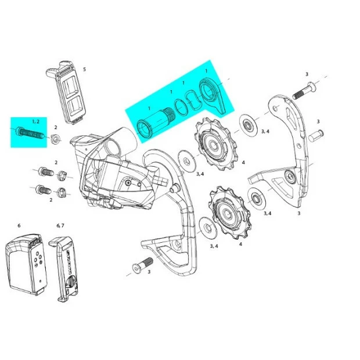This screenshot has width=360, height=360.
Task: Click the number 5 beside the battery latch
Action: [84, 69]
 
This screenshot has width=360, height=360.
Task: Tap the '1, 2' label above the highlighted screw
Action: [35, 121]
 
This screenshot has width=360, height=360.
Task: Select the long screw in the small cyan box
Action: [30, 133]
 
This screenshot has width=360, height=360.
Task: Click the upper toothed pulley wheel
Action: [215, 144]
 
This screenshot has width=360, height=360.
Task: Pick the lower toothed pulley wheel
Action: [230, 213]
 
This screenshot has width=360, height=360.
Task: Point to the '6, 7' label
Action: [60, 226]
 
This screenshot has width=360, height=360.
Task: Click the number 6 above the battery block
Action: [19, 226]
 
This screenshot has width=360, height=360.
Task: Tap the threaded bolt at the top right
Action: [305, 91]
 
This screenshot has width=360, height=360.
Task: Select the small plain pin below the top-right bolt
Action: [316, 136]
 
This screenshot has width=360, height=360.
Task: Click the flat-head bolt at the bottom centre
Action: [143, 265]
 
